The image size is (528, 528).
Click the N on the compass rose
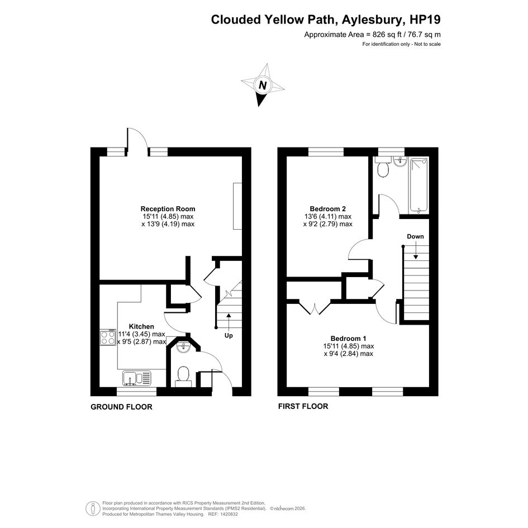(x=263, y=85)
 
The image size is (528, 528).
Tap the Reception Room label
(x=168, y=209)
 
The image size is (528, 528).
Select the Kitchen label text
(x=141, y=327)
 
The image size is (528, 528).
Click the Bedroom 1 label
(x=348, y=339)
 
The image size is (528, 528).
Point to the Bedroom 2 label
(x=327, y=209)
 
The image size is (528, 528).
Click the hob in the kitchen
(x=108, y=337)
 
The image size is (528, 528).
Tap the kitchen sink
(x=137, y=378)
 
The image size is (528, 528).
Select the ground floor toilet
(x=183, y=376)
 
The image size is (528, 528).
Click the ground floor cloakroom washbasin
(x=183, y=348)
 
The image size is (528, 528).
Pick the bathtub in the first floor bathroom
(x=418, y=185)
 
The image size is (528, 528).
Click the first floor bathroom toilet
(x=383, y=167)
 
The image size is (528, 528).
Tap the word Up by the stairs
(x=229, y=336)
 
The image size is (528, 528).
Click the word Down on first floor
(x=415, y=236)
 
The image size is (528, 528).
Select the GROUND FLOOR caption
(x=121, y=407)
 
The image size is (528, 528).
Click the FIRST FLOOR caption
(x=303, y=406)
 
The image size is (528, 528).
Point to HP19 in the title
(x=425, y=20)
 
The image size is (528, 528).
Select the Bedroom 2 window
(x=326, y=152)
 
